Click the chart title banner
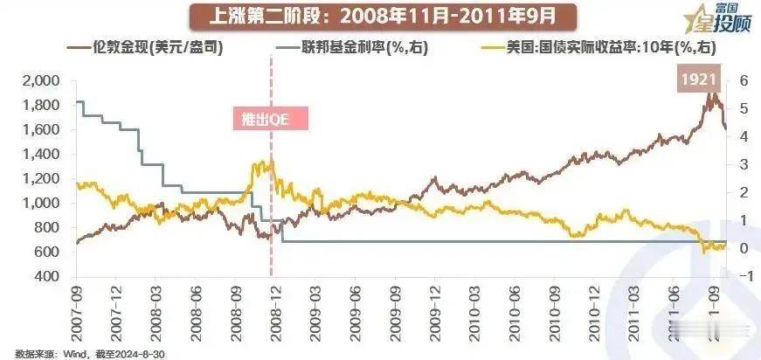[x=379, y=16]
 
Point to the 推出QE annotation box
[x=271, y=120]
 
